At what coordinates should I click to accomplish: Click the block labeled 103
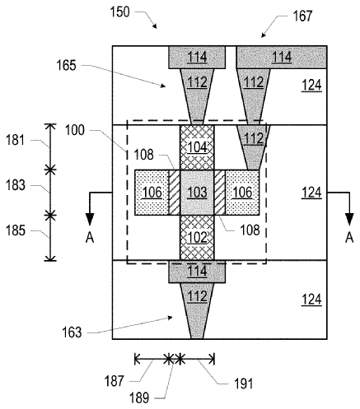click(x=197, y=193)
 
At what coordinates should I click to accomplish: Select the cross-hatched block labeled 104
click(x=197, y=147)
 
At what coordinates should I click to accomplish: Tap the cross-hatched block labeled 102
click(x=197, y=238)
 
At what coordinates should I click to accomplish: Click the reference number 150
click(x=119, y=12)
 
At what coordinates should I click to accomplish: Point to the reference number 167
click(x=302, y=16)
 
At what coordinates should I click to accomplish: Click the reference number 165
click(x=66, y=66)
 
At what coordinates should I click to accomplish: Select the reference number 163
click(x=72, y=332)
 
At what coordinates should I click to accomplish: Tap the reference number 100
click(x=75, y=130)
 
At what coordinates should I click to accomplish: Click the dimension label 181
click(x=16, y=140)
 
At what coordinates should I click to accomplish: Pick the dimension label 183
click(x=16, y=185)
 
